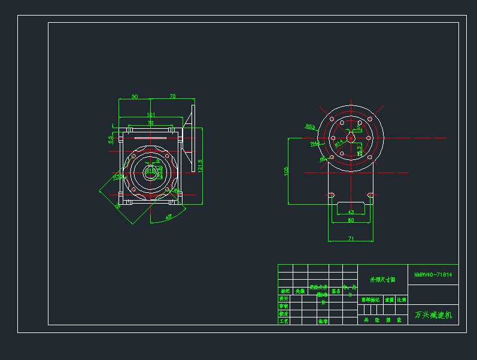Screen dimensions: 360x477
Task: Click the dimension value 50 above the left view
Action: pos(135,96)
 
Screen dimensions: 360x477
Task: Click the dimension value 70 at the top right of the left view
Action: pos(172,96)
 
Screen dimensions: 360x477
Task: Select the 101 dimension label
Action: pos(151,115)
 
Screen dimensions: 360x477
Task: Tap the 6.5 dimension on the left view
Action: pos(110,139)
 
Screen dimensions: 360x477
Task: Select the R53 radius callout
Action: pos(310,126)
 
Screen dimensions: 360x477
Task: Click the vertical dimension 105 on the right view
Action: pos(286,171)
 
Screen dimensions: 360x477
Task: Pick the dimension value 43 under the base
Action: pos(351,212)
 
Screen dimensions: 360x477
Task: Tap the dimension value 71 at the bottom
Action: pos(351,239)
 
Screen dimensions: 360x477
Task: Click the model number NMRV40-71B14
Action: pos(433,275)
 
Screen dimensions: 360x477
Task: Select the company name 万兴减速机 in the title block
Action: pos(433,314)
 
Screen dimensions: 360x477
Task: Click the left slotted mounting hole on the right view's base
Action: pos(330,195)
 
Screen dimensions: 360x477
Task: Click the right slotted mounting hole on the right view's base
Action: pos(370,195)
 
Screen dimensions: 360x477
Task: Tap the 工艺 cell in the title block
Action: pos(284,321)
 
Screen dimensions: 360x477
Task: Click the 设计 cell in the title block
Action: pos(284,298)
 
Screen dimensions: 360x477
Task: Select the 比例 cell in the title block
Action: pos(402,299)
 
